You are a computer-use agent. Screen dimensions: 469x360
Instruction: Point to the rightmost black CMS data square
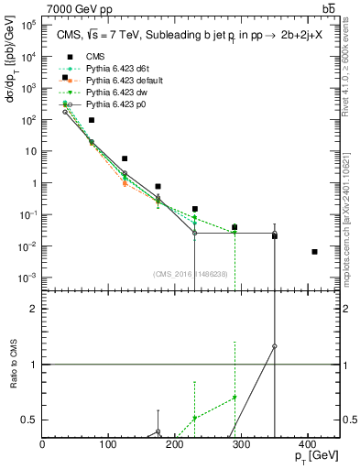point(314,252)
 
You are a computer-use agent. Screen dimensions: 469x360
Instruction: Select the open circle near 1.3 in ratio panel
point(275,346)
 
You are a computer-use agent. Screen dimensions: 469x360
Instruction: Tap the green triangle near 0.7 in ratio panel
point(235,397)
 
